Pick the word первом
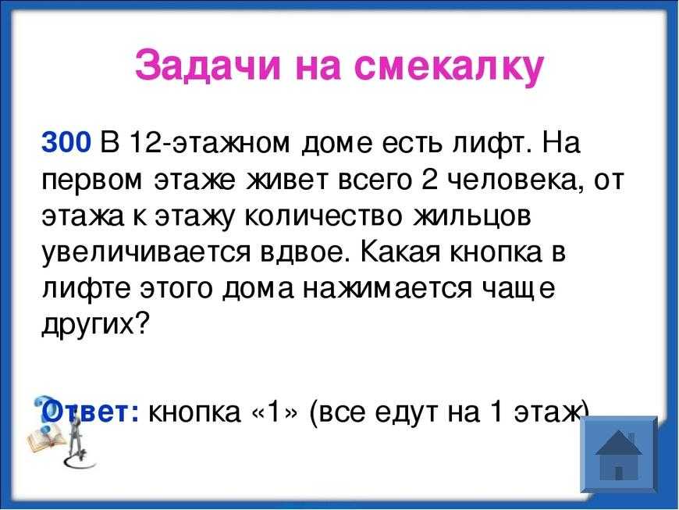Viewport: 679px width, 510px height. pyautogui.click(x=92, y=180)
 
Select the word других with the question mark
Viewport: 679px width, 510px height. pyautogui.click(x=95, y=325)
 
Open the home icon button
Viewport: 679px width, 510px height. pyautogui.click(x=618, y=454)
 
